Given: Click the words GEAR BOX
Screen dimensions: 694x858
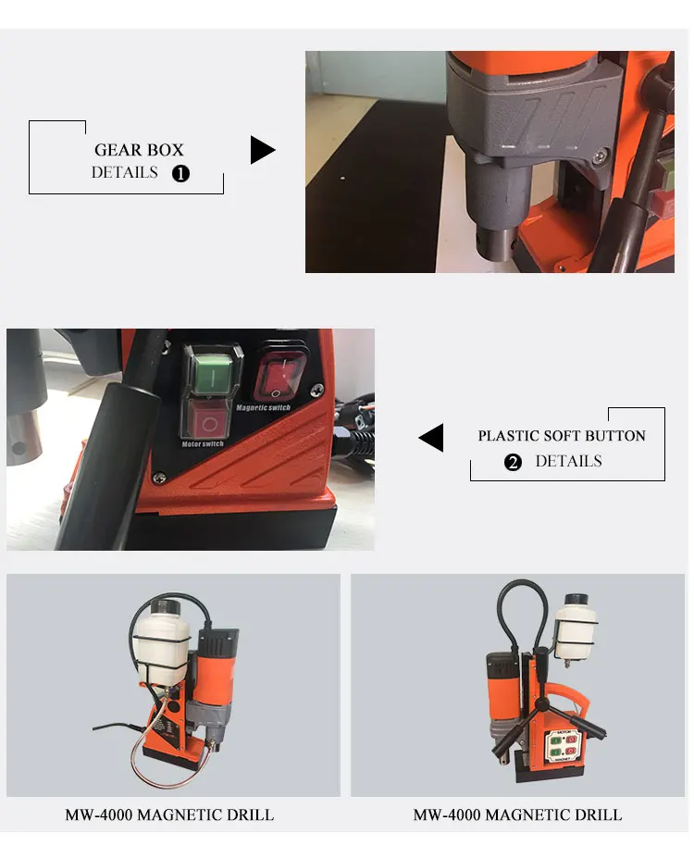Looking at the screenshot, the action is coord(139,149).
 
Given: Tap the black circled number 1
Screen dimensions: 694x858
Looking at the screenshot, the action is coord(180,173).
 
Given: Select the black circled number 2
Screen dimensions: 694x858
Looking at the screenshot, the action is coord(513,463).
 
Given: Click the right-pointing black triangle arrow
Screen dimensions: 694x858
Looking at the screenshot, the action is coord(263,150).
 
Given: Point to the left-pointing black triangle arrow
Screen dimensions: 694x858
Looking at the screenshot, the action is coord(431,437).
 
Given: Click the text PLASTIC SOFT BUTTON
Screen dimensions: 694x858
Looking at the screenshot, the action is coord(562,436).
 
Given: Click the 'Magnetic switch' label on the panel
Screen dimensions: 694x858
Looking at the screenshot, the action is coord(263,407).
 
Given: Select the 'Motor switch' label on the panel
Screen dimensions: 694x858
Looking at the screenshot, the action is coord(203,443).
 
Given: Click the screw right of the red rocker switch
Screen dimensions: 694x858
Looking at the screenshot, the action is coord(316,390).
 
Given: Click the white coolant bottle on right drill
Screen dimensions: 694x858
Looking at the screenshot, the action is coord(576,627).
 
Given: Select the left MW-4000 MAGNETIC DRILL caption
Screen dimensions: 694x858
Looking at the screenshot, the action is coord(169,814).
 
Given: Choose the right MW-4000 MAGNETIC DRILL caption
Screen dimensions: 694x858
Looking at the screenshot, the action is coord(517,814).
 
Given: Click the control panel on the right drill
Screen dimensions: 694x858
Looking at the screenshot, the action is coord(563,745).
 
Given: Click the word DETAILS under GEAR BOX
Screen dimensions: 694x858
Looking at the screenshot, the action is coord(124,172).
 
